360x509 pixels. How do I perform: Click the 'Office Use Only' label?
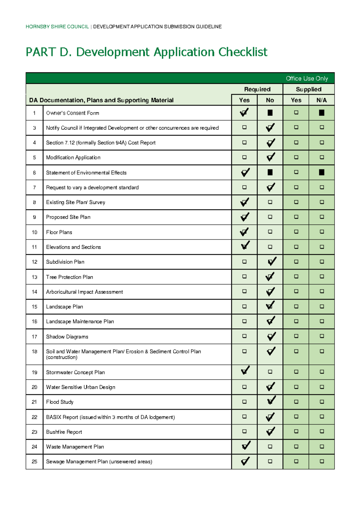coord(307,79)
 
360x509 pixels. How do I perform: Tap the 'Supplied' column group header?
coord(308,89)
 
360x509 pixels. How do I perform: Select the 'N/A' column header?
coord(321,100)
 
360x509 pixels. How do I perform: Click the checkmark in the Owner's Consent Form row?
coord(244,113)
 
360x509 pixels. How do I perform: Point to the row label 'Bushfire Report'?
coord(64,432)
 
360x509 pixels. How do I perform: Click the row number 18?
coord(34,351)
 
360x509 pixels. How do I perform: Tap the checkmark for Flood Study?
coord(271,401)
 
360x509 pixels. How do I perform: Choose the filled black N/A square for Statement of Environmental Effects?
coord(322,172)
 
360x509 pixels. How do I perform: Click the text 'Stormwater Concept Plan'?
coord(75,372)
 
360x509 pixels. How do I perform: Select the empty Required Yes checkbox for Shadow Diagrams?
coord(244,336)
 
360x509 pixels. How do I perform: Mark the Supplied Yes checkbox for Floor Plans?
coord(296,232)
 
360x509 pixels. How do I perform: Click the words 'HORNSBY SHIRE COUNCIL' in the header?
coord(57,27)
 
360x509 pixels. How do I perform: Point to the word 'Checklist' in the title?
coord(243,52)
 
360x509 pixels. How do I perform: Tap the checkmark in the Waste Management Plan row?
coord(246,446)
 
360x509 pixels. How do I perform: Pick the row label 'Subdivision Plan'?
coord(65,262)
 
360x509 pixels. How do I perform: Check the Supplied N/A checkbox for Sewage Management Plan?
coord(322,462)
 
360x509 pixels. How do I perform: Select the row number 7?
coord(34,188)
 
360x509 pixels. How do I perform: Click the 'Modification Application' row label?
coord(73,158)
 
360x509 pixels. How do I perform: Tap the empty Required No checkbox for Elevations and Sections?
coord(270,247)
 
